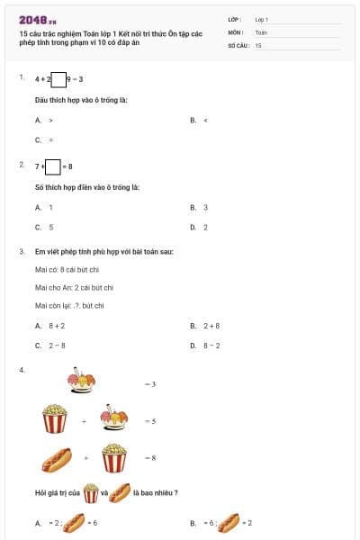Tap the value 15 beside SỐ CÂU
pos(258,44)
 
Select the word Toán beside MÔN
pos(261,31)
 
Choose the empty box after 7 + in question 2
pos(52,166)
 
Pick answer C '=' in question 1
pos(50,139)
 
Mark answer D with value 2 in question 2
pos(205,227)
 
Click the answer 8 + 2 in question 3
pos(57,325)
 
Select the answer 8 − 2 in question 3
pos(211,345)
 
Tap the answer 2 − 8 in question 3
pos(57,345)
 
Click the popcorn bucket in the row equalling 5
pos(55,419)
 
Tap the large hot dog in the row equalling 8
pos(57,459)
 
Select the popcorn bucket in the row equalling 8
pos(113,457)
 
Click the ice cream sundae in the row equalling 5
pos(114,418)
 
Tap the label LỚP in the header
pos(235,19)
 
